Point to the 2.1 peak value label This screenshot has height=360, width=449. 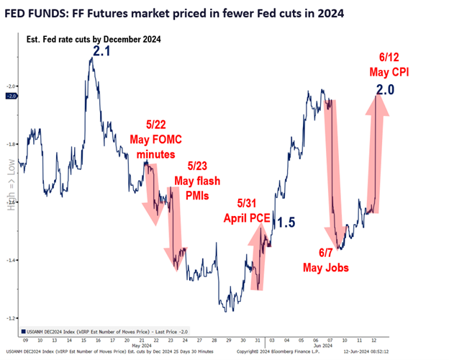pyautogui.click(x=101, y=50)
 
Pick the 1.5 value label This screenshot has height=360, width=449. pyautogui.click(x=286, y=222)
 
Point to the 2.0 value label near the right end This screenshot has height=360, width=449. pyautogui.click(x=385, y=89)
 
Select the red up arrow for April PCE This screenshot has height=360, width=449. pyautogui.click(x=258, y=259)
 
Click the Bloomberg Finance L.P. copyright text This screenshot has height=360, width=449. pyautogui.click(x=288, y=351)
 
